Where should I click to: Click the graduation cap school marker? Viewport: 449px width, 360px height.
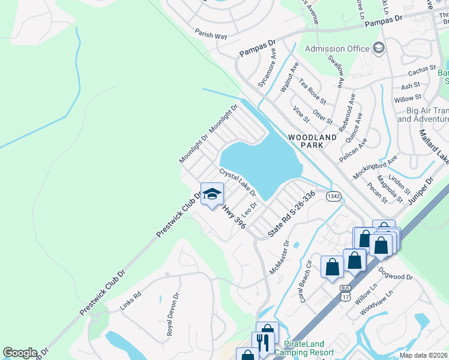(211, 194)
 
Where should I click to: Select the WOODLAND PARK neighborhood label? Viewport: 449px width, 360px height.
(312, 142)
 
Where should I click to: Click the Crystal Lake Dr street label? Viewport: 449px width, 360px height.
(238, 182)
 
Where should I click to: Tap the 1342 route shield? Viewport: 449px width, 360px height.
(334, 196)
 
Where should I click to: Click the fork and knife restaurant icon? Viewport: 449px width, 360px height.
(262, 343)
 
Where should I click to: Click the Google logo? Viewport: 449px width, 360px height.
(20, 353)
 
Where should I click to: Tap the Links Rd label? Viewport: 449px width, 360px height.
(130, 301)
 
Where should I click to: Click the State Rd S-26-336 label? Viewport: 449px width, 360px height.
(292, 213)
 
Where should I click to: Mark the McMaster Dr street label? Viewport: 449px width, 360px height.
(280, 257)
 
